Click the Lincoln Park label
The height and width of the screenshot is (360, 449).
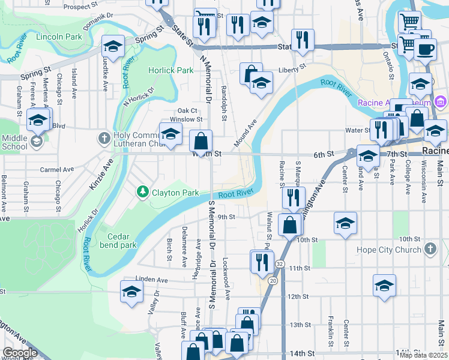58,37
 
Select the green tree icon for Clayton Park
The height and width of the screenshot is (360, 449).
143,193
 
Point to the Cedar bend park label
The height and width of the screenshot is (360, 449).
114,240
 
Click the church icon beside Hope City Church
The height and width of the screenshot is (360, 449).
430,248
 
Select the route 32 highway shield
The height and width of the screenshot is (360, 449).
280,264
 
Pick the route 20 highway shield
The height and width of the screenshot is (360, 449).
273,280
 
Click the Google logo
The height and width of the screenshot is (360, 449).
20,353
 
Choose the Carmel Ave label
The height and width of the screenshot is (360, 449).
56,170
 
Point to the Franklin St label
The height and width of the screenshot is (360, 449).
330,332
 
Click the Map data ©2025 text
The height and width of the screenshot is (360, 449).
422,355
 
